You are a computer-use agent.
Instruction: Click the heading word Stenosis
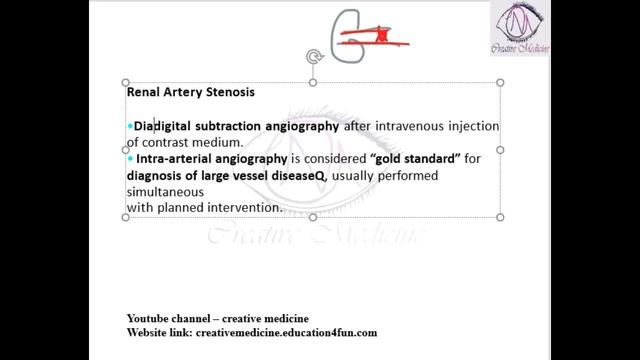click(228, 92)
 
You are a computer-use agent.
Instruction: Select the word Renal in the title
click(145, 92)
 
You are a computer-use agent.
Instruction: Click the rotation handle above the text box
click(313, 57)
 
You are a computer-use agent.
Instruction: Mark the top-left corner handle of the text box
click(126, 82)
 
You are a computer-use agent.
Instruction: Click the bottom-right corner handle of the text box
click(500, 217)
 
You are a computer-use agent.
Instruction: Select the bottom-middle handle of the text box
click(313, 217)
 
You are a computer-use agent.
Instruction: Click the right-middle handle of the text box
click(500, 150)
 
